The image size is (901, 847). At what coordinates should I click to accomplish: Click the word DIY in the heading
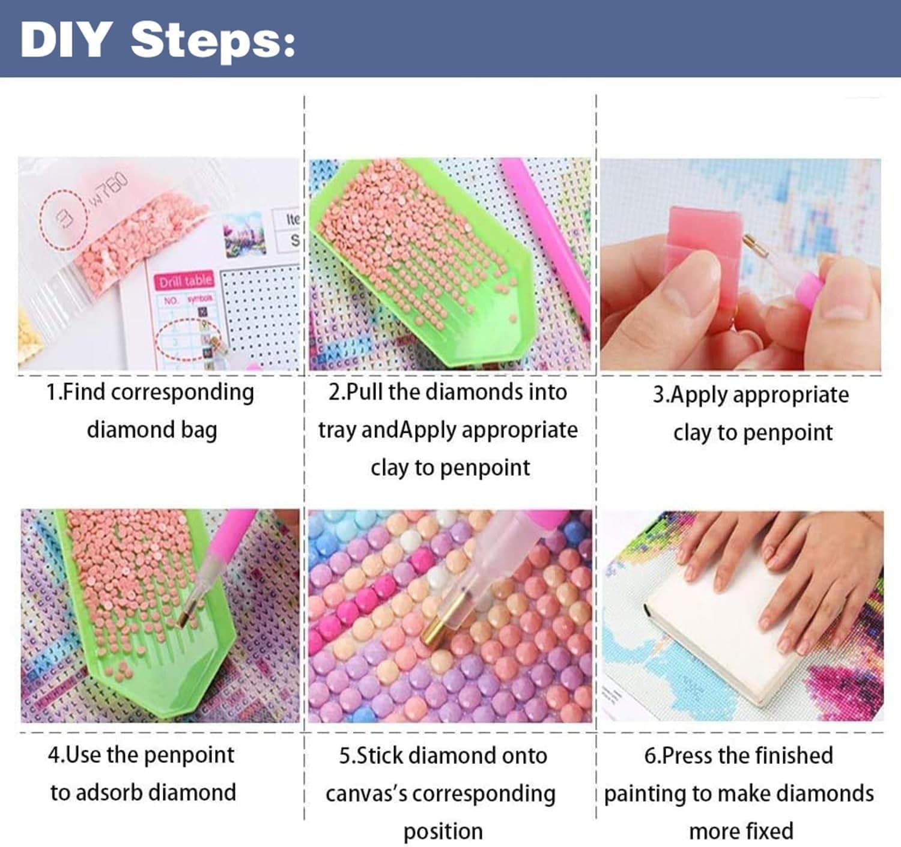coord(64,40)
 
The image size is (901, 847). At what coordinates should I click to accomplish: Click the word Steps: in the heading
coord(213,40)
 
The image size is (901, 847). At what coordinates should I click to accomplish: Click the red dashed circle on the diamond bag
coord(63,219)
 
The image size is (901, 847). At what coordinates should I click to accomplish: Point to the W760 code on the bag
coord(109,188)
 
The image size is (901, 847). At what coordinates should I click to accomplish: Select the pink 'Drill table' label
coord(185,280)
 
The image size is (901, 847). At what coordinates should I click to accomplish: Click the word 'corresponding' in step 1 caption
coord(183,393)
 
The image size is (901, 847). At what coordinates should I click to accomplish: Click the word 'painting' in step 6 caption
coord(645,794)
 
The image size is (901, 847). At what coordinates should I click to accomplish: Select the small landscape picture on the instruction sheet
coord(244,234)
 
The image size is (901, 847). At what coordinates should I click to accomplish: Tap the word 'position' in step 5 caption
coord(443,832)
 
